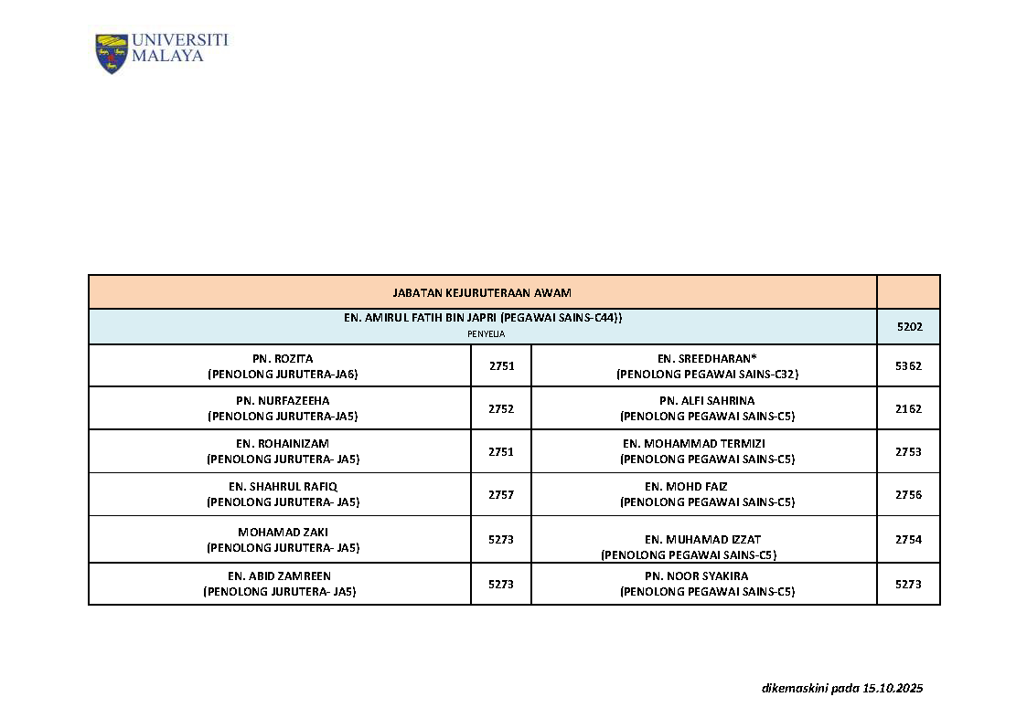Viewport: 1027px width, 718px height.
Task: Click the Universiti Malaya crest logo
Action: point(112,54)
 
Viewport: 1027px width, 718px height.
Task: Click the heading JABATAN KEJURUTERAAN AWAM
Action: point(481,292)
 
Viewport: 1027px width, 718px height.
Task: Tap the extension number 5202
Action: point(908,326)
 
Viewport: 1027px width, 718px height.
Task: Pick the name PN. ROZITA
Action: point(283,358)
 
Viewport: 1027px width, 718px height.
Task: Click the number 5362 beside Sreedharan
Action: point(908,365)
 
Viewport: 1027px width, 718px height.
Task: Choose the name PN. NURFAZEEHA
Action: point(283,400)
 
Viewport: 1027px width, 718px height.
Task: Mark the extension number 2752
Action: point(501,408)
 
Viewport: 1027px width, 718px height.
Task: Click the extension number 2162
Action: point(908,408)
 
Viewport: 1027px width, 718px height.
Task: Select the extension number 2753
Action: point(908,451)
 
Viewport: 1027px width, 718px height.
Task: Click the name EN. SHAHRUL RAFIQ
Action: point(283,486)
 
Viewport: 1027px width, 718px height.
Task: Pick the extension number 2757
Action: point(501,494)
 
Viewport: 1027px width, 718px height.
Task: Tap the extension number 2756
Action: point(908,494)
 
